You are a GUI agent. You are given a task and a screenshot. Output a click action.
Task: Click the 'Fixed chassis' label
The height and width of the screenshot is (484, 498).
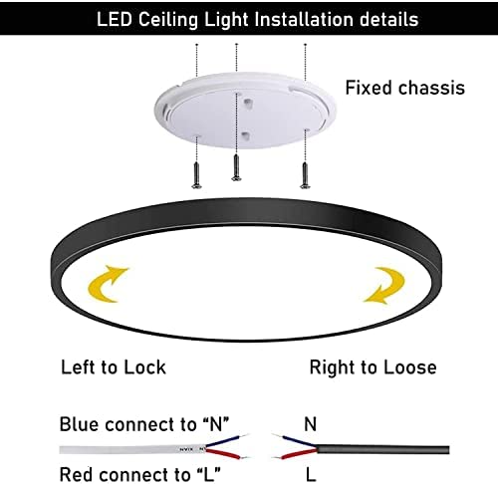[404, 88]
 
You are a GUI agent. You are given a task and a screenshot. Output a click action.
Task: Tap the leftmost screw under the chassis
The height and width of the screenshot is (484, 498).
[197, 175]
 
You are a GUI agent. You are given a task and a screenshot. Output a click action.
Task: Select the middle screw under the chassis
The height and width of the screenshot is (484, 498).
[236, 167]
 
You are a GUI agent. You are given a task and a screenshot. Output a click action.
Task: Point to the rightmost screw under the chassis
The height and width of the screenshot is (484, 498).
[305, 175]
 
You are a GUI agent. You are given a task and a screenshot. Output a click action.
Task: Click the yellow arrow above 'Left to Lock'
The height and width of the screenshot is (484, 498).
[106, 285]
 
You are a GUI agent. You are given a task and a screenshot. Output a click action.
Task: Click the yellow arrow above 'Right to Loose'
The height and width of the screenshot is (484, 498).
[386, 286]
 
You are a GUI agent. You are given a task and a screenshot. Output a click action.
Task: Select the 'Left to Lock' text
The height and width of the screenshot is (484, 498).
[114, 367]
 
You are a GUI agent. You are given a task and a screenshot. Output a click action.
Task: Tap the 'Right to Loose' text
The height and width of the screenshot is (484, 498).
[373, 367]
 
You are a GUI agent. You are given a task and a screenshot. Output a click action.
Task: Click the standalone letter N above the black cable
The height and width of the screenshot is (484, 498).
[310, 424]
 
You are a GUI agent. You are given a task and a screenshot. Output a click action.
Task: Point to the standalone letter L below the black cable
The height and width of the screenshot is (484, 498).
[311, 475]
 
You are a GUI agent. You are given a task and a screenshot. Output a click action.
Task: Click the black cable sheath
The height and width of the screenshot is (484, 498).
[382, 449]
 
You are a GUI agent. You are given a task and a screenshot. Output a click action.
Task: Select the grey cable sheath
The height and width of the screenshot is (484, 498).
[132, 450]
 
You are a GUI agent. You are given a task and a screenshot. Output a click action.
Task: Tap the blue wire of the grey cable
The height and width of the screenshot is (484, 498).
[223, 441]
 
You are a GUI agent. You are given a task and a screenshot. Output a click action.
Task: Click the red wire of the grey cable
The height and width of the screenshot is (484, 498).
[223, 453]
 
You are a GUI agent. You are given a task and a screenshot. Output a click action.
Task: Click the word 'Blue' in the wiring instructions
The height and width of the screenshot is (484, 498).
[79, 424]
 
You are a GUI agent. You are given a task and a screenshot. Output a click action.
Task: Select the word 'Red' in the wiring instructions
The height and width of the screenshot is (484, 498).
[75, 474]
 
